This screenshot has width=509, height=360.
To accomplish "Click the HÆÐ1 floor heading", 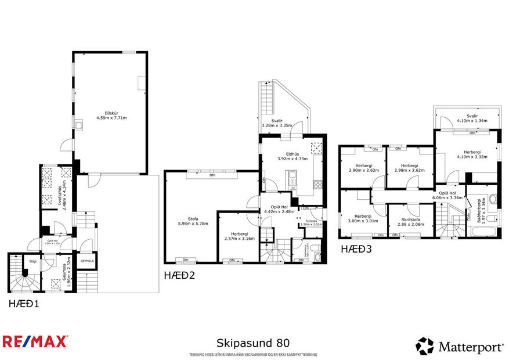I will click(24, 304).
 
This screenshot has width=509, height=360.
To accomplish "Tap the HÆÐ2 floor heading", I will click(179, 275).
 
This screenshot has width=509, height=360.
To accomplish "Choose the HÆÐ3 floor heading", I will click(355, 249).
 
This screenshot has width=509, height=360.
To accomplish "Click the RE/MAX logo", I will click(35, 341).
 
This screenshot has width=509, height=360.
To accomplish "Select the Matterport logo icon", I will click(424, 346).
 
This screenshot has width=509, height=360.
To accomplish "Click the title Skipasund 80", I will click(253, 343).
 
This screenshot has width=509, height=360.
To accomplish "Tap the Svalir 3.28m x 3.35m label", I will click(276, 123).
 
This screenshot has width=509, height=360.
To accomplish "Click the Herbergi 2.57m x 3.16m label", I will click(238, 235).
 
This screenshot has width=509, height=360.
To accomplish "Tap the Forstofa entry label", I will click(311, 222).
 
